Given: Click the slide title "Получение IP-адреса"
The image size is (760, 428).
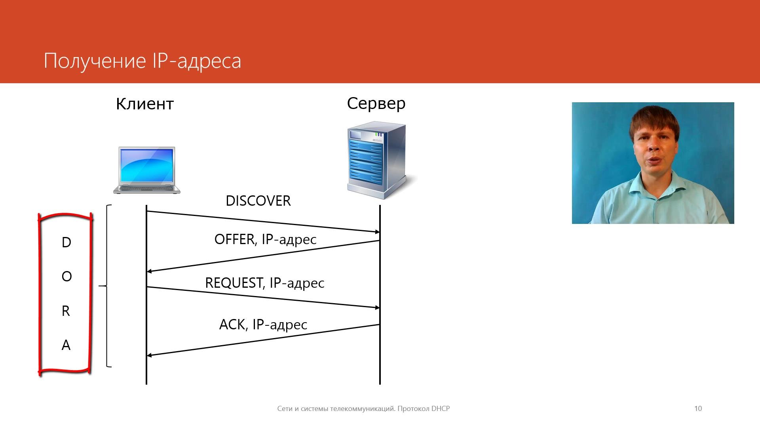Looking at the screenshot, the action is click(142, 61).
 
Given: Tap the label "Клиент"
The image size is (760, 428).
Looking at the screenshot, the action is click(145, 104).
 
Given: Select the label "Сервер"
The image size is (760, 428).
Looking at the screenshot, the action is click(376, 103).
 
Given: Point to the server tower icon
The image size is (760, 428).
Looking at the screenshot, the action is click(378, 161).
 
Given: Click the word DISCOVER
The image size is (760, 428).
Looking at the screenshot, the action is click(258, 201).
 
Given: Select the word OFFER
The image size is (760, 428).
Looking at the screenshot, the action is click(234, 239).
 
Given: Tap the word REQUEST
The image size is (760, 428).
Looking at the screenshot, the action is click(234, 283).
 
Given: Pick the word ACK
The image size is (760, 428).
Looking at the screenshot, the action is click(232, 325).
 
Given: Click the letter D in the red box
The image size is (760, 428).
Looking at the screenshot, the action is click(66, 242).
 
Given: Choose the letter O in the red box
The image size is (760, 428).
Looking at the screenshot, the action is click(66, 276).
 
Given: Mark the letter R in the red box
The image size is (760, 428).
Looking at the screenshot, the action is click(66, 311).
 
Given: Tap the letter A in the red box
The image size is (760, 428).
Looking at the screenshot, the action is click(66, 345).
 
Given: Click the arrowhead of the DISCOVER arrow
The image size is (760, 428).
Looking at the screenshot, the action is click(377, 232).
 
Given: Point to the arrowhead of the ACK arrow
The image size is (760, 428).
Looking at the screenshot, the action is click(149, 355).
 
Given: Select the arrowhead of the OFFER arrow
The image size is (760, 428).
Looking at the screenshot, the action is click(149, 271).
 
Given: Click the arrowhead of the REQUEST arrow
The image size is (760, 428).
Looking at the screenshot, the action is click(377, 308).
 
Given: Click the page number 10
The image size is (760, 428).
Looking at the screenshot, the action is click(698, 409).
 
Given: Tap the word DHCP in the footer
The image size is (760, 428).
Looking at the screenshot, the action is click(441, 409).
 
